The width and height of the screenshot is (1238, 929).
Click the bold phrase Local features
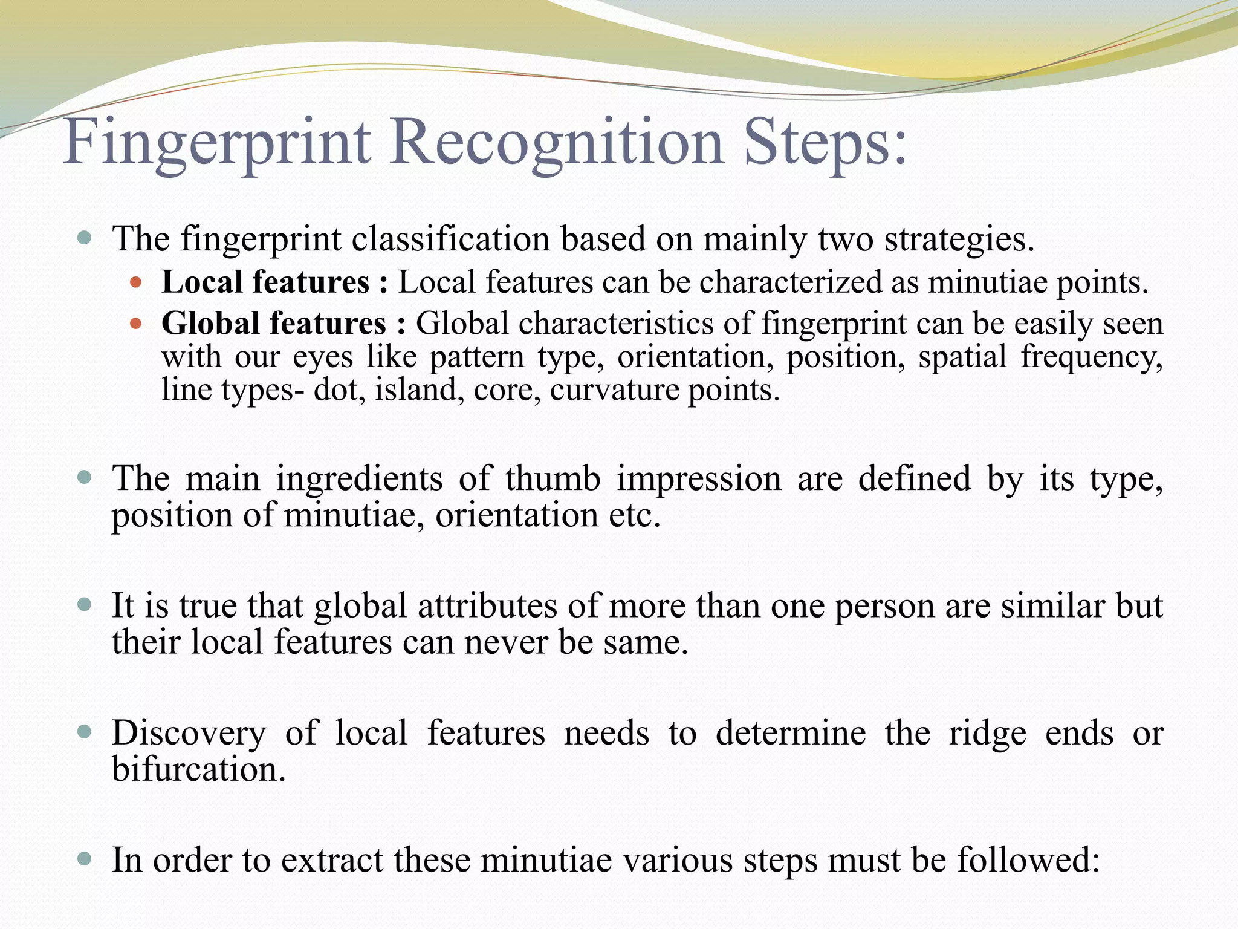coord(265,282)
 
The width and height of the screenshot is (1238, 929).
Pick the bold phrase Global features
coord(274,323)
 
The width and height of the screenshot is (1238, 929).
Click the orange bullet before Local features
coord(135,282)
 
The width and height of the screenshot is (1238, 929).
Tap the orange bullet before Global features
coord(135,324)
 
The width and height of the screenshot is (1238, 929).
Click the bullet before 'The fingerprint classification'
coord(85,238)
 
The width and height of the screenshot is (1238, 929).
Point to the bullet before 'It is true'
coord(85,605)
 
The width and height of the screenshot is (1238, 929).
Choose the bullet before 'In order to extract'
coord(85,859)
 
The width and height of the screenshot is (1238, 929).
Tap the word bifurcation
coord(198,769)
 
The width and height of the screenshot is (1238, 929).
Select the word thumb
coord(553,478)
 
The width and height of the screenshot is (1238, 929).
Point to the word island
coord(420,390)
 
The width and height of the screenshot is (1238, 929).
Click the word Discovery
coord(189,734)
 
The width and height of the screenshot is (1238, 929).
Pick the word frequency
coord(1092,357)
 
